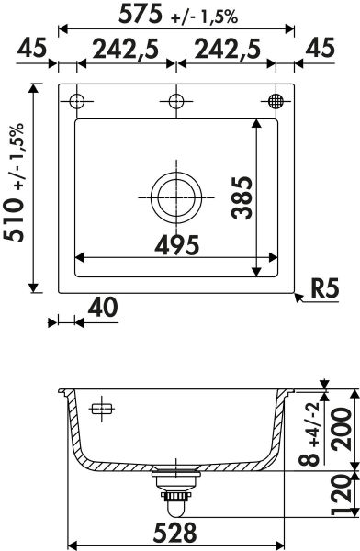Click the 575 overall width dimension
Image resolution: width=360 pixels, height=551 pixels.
(141, 15)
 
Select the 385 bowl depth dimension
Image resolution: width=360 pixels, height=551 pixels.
(242, 197)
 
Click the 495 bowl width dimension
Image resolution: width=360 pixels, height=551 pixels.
(177, 245)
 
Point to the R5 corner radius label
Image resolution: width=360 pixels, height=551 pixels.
(325, 288)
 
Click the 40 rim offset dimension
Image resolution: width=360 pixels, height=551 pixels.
(103, 308)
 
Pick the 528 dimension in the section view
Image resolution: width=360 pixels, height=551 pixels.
(175, 533)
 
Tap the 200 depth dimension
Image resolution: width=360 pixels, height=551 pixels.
(342, 430)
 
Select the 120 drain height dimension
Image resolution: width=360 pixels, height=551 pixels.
(341, 495)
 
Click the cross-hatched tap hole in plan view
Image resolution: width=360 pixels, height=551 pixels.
(276, 101)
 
